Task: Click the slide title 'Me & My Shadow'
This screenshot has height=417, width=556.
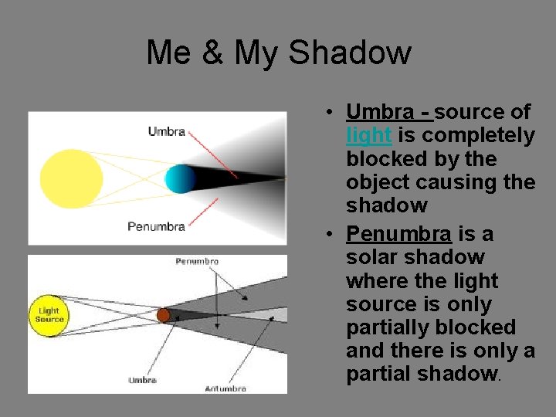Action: pos(278,53)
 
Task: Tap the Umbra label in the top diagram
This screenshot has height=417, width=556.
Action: pos(166,131)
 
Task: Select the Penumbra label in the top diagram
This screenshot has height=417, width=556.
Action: pos(156,226)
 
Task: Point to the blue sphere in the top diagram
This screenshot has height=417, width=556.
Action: pos(180,178)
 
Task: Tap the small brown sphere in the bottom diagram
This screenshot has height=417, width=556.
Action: pos(163,315)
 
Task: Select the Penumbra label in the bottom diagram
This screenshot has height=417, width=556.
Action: pos(197,262)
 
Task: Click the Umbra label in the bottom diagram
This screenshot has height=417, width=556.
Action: pos(142,380)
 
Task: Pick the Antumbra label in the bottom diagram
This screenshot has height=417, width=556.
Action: pos(225,388)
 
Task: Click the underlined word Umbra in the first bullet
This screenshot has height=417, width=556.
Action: pos(380,112)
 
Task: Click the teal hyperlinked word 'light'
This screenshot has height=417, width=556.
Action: pos(369,135)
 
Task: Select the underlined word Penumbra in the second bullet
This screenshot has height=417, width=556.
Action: pos(398,233)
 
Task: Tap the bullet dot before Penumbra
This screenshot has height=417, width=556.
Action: pos(329,234)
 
